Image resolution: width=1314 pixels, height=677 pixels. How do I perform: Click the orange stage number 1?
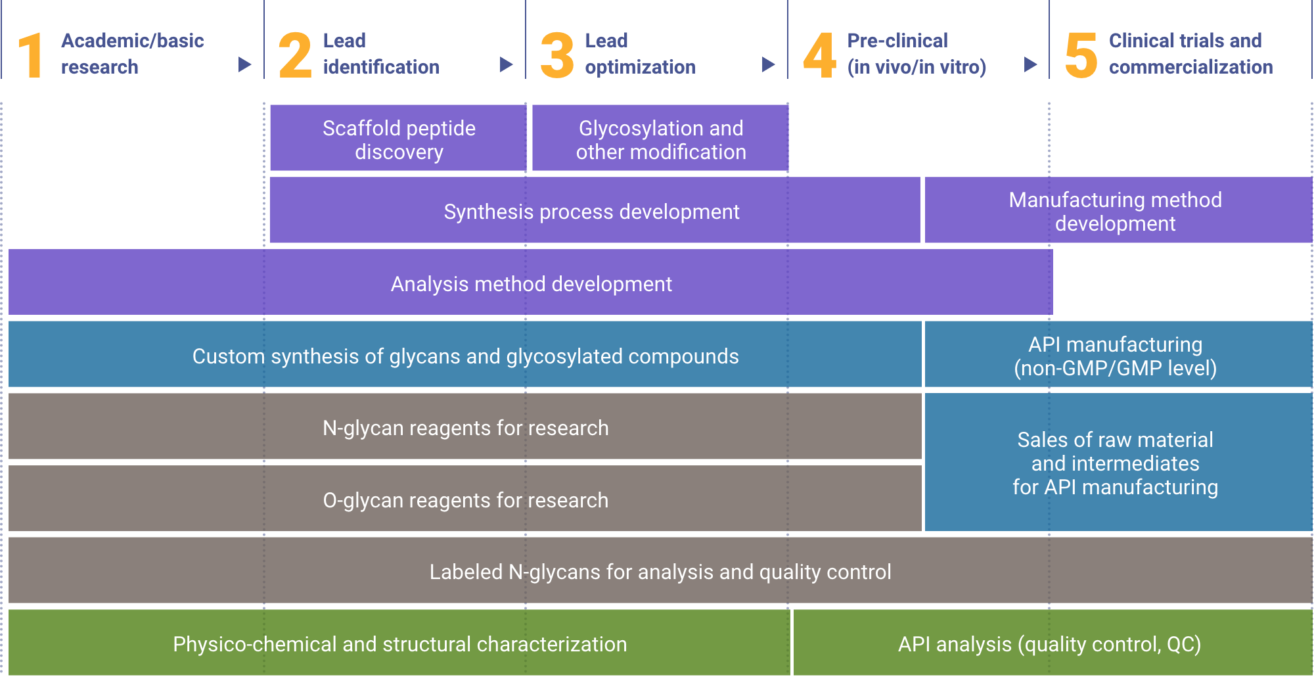point(32,55)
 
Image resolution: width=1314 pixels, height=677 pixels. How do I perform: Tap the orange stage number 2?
point(295,55)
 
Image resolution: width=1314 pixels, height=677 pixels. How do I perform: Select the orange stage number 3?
point(557,55)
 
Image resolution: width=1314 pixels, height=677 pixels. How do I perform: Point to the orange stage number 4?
point(820,55)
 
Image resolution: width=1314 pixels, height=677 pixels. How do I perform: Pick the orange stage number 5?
point(1081,55)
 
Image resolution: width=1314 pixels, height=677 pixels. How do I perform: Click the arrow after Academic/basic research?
point(244,64)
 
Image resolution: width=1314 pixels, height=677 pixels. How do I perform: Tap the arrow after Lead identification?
point(506,64)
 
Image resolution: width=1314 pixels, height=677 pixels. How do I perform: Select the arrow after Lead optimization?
point(768,64)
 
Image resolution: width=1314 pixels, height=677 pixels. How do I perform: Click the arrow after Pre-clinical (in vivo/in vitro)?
point(1030,64)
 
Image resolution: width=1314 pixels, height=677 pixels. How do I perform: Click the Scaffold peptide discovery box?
point(398,138)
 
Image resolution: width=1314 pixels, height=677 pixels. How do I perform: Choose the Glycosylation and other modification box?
point(660,138)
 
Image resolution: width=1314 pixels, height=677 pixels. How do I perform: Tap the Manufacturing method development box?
point(1118,210)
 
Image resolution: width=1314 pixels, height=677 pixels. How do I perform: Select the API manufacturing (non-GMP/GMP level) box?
point(1118,354)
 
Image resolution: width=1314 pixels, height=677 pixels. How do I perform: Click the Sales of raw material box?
point(1118,462)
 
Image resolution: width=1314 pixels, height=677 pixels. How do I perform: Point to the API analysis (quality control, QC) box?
point(1053,642)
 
